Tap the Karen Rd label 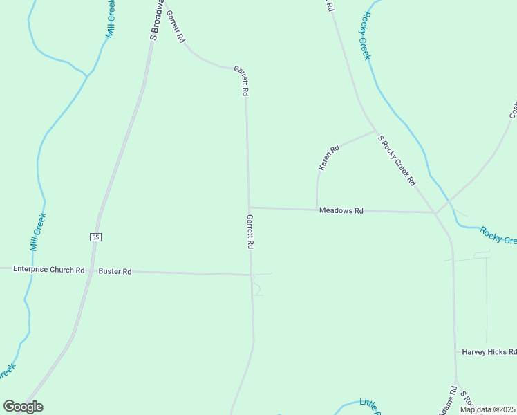[329, 158]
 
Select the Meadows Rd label [341, 210]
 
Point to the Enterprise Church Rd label [48, 269]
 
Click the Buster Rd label [115, 272]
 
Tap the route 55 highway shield [95, 237]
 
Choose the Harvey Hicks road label [489, 352]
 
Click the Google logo [23, 407]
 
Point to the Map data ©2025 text [488, 409]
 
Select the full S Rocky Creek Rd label [397, 160]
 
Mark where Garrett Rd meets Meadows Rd [249, 207]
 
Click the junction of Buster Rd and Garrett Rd [251, 275]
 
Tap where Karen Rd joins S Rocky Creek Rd [375, 131]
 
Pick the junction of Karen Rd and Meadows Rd [317, 209]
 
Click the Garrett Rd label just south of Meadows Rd [250, 232]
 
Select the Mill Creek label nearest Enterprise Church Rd [38, 232]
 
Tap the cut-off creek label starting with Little [369, 407]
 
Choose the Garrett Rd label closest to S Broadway [175, 28]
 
